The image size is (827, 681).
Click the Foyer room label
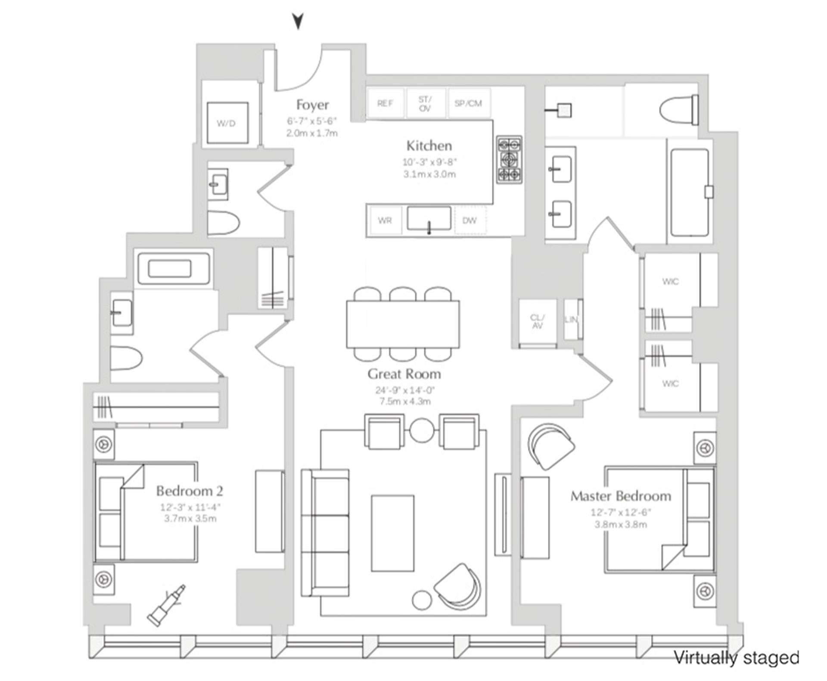tap(312, 105)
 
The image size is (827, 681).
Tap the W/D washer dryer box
tap(227, 123)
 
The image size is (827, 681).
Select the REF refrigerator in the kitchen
tap(385, 103)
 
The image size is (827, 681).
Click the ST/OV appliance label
tap(425, 103)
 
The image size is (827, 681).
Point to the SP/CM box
tap(468, 103)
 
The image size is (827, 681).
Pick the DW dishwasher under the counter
tap(469, 221)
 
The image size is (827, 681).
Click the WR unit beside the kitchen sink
tap(385, 221)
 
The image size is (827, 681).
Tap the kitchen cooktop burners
tap(509, 160)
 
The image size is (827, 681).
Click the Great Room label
tap(404, 374)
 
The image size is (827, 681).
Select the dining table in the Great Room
tap(403, 324)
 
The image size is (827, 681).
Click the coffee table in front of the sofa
tap(392, 533)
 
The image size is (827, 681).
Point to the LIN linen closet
tap(571, 320)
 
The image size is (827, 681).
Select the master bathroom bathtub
tap(689, 193)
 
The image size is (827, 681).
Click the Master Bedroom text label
tap(621, 496)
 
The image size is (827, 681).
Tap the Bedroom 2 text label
tap(190, 491)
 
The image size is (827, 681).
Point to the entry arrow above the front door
tap(298, 21)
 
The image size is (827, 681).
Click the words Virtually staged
tap(736, 658)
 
